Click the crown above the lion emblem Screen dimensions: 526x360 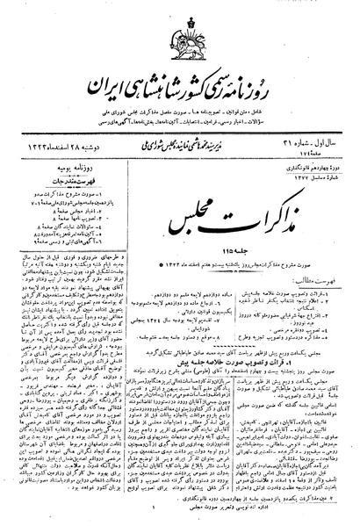click(x=178, y=17)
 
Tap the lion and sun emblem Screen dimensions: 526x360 click(x=178, y=38)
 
